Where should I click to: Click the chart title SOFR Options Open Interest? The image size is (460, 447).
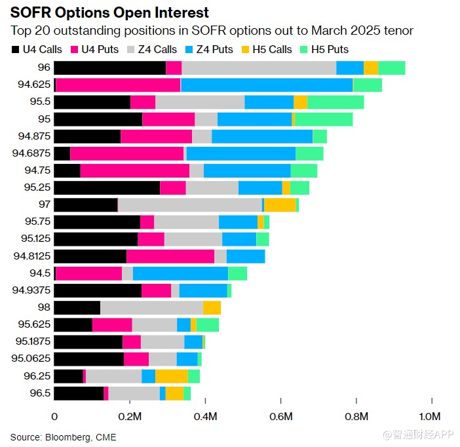coord(109,12)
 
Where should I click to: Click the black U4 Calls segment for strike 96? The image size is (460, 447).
coord(109,68)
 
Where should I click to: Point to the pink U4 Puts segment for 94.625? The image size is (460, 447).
coord(118,85)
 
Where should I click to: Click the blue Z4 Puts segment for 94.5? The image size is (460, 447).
coord(180,273)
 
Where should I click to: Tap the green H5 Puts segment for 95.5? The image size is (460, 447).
coord(335,102)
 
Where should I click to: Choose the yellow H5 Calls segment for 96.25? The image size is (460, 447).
coord(171,376)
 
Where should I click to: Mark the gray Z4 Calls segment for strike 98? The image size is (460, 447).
coord(151,307)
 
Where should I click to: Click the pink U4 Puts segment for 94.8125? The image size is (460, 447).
coord(170,256)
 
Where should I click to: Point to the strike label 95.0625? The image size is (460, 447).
coord(32,359)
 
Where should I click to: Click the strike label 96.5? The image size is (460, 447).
coord(40,393)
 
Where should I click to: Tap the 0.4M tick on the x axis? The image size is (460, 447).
coord(206,416)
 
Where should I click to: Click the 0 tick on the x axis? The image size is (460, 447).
coord(54,416)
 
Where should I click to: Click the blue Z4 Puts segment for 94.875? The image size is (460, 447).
coord(262,136)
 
